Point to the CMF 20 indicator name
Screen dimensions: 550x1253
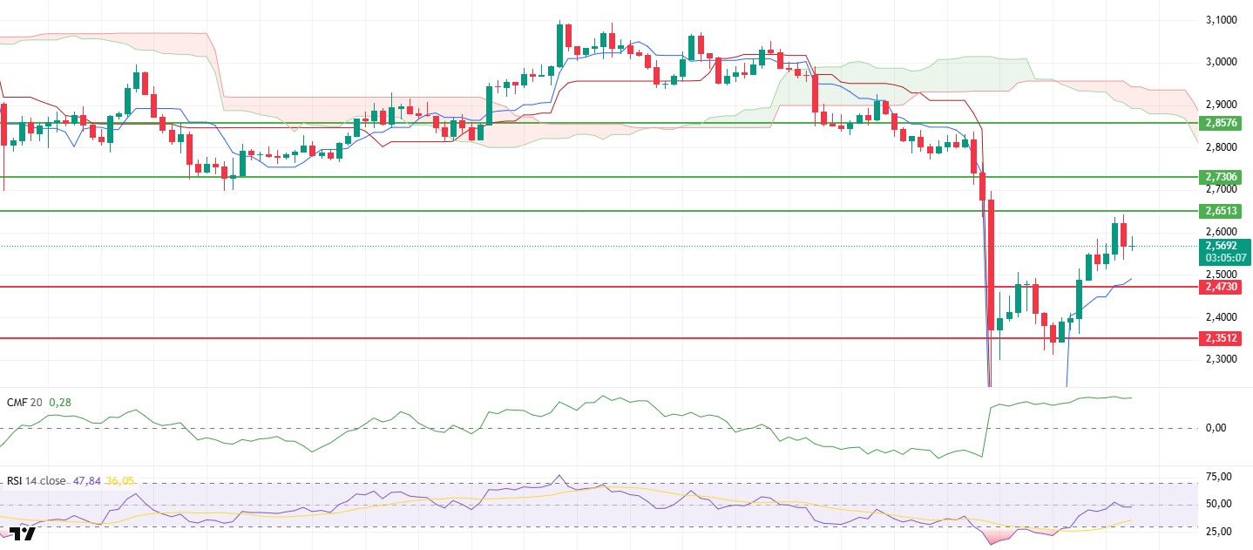pos(24,403)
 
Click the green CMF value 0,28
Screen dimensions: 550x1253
pos(59,403)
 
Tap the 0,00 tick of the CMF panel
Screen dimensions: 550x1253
pos(1217,428)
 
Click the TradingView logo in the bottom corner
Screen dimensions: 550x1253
pos(23,533)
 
